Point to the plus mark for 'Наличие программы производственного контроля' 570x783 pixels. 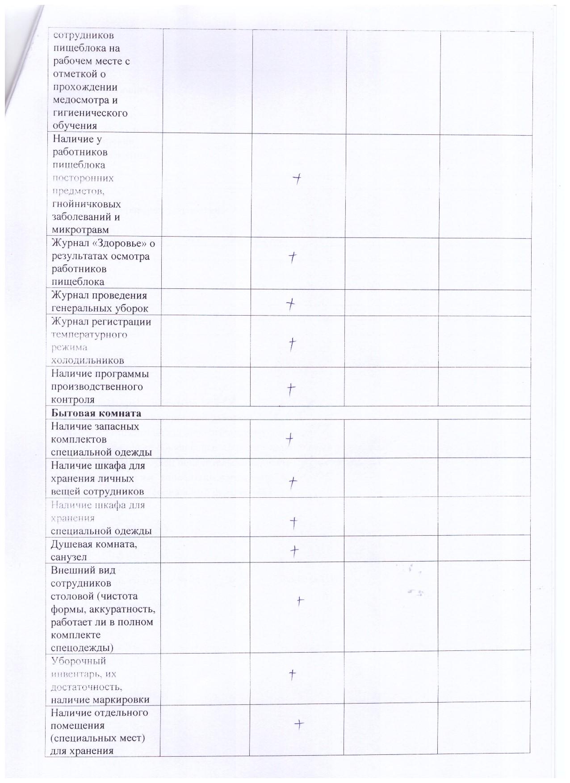291,389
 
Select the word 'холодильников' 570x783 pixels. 87,360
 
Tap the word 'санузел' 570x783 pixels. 69,557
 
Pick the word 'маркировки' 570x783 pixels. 125,700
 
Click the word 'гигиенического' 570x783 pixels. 90,113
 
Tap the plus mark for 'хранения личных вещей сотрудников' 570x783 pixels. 293,481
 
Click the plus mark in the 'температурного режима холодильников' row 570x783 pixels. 292,344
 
